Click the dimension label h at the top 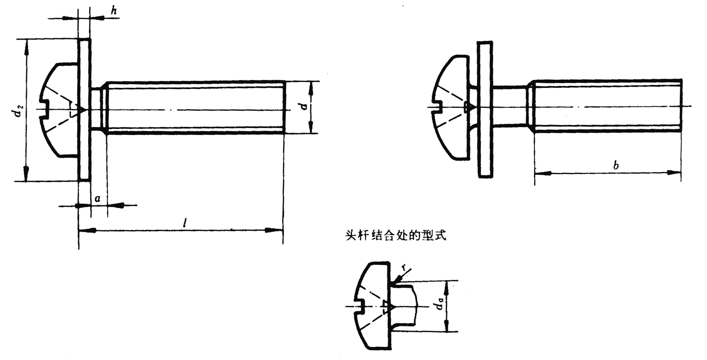tap(114, 11)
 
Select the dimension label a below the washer tap(97, 199)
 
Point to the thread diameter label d tap(305, 106)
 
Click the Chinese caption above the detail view tap(396, 235)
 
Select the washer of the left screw tap(85, 110)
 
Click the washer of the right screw tap(485, 109)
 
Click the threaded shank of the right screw tap(607, 106)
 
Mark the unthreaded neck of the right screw tap(511, 106)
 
